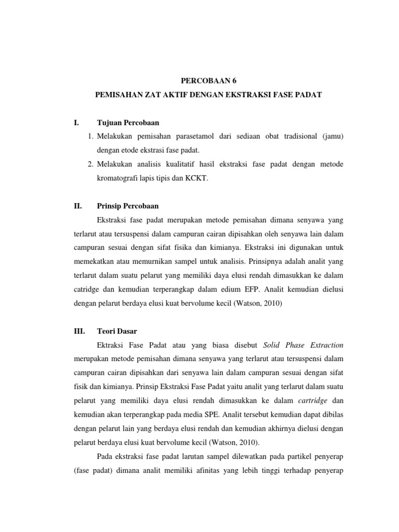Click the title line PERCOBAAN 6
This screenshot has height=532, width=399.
point(204,81)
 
